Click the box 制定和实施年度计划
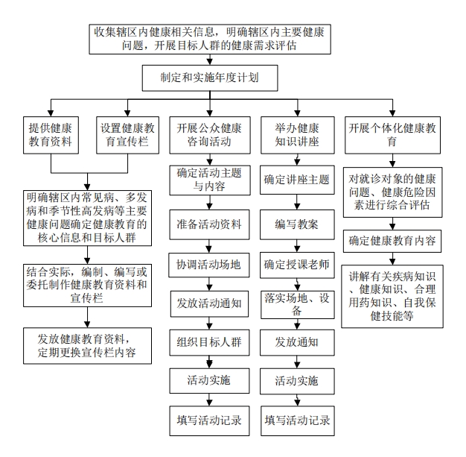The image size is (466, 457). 210,78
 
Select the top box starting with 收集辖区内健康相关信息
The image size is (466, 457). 210,40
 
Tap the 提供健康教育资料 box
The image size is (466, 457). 51,135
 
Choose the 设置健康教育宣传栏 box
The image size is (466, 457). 127,135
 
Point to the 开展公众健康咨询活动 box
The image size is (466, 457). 210,135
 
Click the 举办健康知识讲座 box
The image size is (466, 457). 298,135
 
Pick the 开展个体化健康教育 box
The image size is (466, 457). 392,135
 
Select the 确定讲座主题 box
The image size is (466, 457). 297,180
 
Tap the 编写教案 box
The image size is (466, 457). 297,224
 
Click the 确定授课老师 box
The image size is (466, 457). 297,265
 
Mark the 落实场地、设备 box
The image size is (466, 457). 298,305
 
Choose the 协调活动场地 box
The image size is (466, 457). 209,265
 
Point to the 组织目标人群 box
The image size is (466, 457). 209,342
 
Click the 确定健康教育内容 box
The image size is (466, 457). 392,241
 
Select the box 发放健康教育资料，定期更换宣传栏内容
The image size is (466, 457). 87,346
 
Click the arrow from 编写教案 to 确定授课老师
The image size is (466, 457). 297,246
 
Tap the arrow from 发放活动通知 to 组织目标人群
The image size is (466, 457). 209,324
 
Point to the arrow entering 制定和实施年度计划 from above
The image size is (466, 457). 210,60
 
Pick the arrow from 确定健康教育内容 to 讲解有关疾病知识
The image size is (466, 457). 392,259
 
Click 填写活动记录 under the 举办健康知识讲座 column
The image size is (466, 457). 298,420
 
